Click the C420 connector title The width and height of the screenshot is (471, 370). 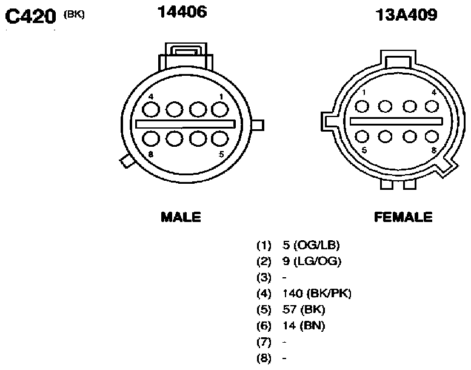pyautogui.click(x=31, y=16)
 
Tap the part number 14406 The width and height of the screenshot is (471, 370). pyautogui.click(x=182, y=12)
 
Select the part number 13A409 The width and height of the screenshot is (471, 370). pyautogui.click(x=406, y=15)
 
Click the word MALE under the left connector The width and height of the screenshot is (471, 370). pyautogui.click(x=181, y=217)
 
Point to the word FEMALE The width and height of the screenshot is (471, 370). pyautogui.click(x=403, y=217)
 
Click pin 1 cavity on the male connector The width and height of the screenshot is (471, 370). pyautogui.click(x=220, y=109)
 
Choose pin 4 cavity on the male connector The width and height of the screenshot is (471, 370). pyautogui.click(x=151, y=109)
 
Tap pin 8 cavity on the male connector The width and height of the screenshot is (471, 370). pyautogui.click(x=151, y=139)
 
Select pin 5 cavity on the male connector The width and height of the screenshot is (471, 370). pyautogui.click(x=220, y=139)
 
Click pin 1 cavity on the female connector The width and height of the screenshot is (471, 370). pyautogui.click(x=362, y=106)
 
